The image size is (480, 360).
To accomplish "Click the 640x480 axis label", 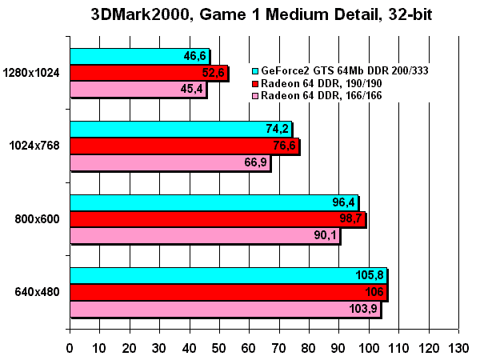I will click(37, 292).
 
